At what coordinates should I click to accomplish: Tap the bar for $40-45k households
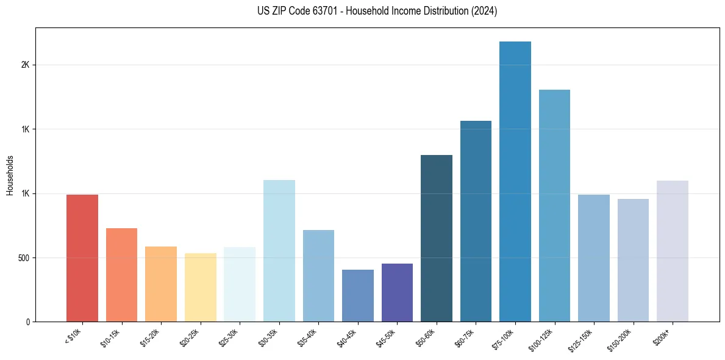pyautogui.click(x=358, y=295)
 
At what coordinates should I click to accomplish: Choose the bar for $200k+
pyautogui.click(x=673, y=251)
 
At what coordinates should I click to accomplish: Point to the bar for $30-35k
pyautogui.click(x=279, y=251)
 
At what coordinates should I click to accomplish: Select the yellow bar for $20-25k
pyautogui.click(x=201, y=287)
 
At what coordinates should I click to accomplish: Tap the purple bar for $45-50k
pyautogui.click(x=397, y=292)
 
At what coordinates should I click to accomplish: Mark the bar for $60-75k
pyautogui.click(x=476, y=221)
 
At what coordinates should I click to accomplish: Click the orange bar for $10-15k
pyautogui.click(x=122, y=275)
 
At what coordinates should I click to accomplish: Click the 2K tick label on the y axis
pyautogui.click(x=25, y=65)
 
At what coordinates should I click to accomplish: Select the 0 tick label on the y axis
pyautogui.click(x=28, y=322)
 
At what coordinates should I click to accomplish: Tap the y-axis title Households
pyautogui.click(x=10, y=175)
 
